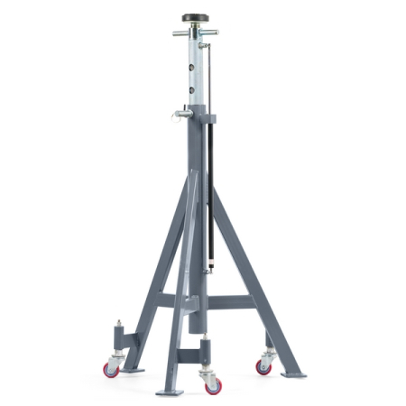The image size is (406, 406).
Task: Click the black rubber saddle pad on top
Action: pos(194,18)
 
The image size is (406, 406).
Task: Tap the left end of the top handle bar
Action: pos(176,33)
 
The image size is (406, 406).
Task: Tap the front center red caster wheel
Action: pos(213,384)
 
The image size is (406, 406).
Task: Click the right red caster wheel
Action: pos(264,364)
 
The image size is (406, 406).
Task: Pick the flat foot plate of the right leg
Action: pos(293,373)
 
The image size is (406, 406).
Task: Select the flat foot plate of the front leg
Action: pos(169,392)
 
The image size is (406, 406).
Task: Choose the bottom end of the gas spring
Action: pos(209,268)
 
